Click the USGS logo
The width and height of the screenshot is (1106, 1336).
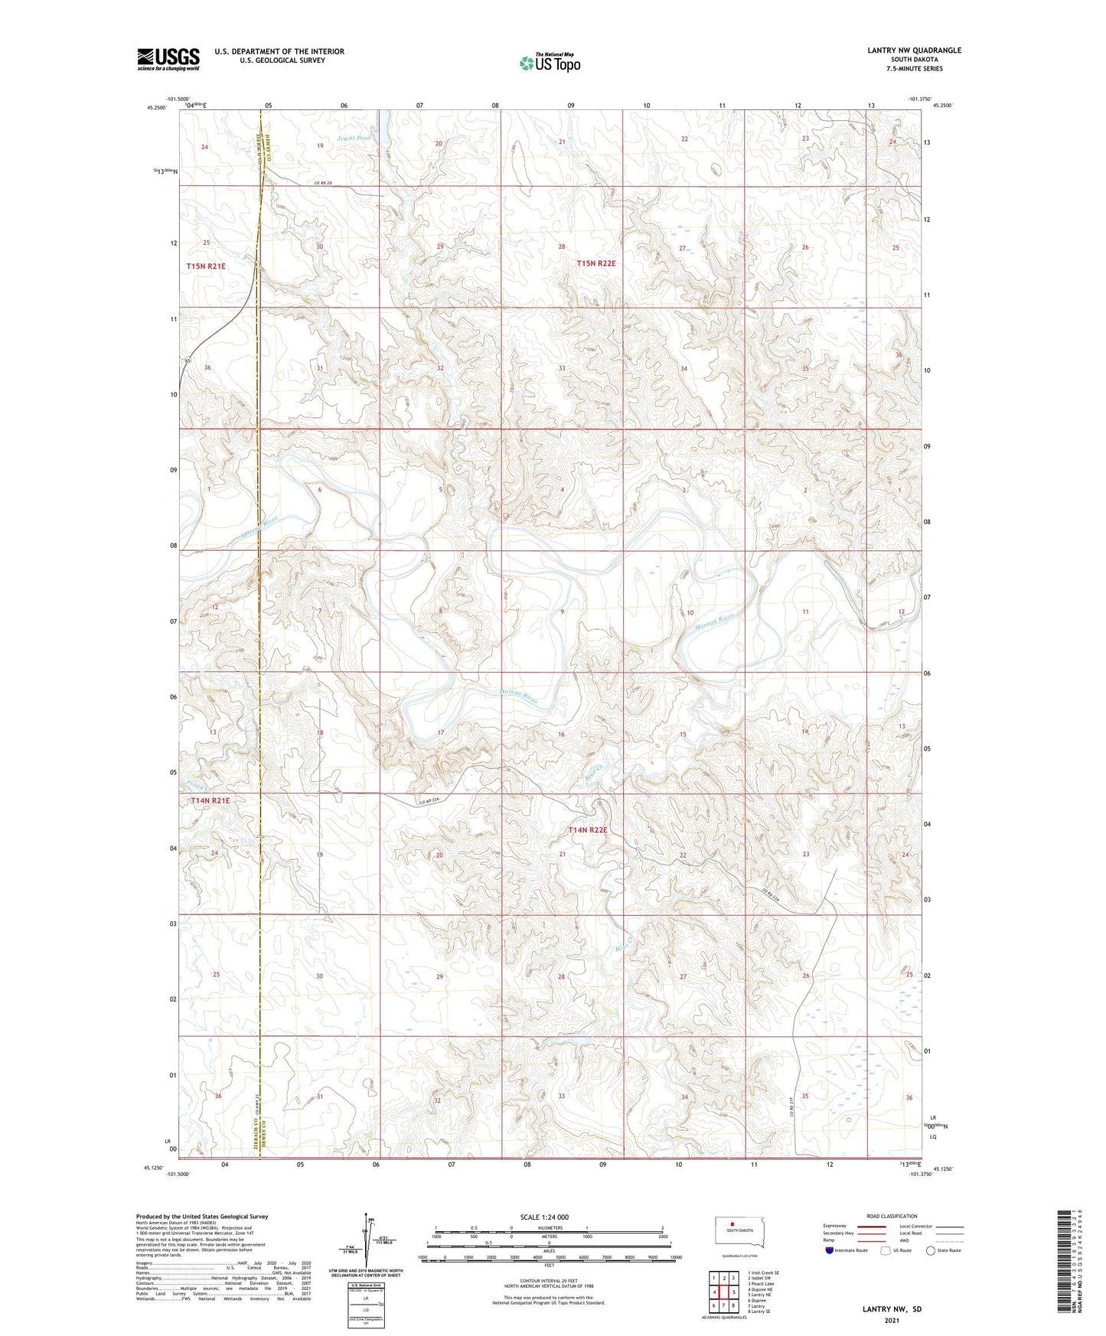click(x=168, y=59)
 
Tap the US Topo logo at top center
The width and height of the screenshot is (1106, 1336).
click(x=550, y=63)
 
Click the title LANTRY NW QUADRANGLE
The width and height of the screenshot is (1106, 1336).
click(x=914, y=51)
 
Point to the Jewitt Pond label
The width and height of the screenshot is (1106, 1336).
click(x=354, y=138)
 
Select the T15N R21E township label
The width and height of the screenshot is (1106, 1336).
click(x=206, y=266)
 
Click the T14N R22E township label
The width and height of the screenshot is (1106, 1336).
click(x=588, y=830)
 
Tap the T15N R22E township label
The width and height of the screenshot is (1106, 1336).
click(x=596, y=263)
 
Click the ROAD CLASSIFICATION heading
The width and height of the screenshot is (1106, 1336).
click(x=892, y=1216)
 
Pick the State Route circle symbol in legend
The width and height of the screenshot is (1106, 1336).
click(x=931, y=1250)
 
